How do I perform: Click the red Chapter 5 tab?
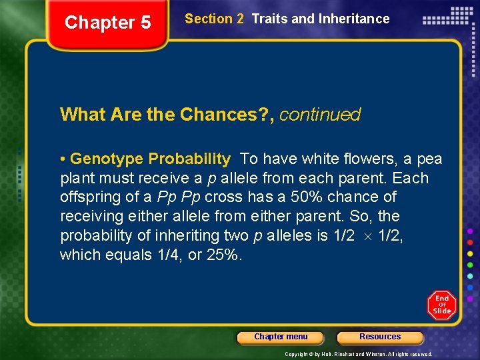click(x=108, y=23)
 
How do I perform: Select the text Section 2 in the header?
click(x=214, y=19)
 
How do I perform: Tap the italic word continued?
click(x=320, y=115)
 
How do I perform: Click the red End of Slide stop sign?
click(x=442, y=305)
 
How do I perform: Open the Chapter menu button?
click(x=281, y=337)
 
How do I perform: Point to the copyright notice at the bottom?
click(x=358, y=354)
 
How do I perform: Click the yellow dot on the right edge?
click(x=470, y=253)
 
